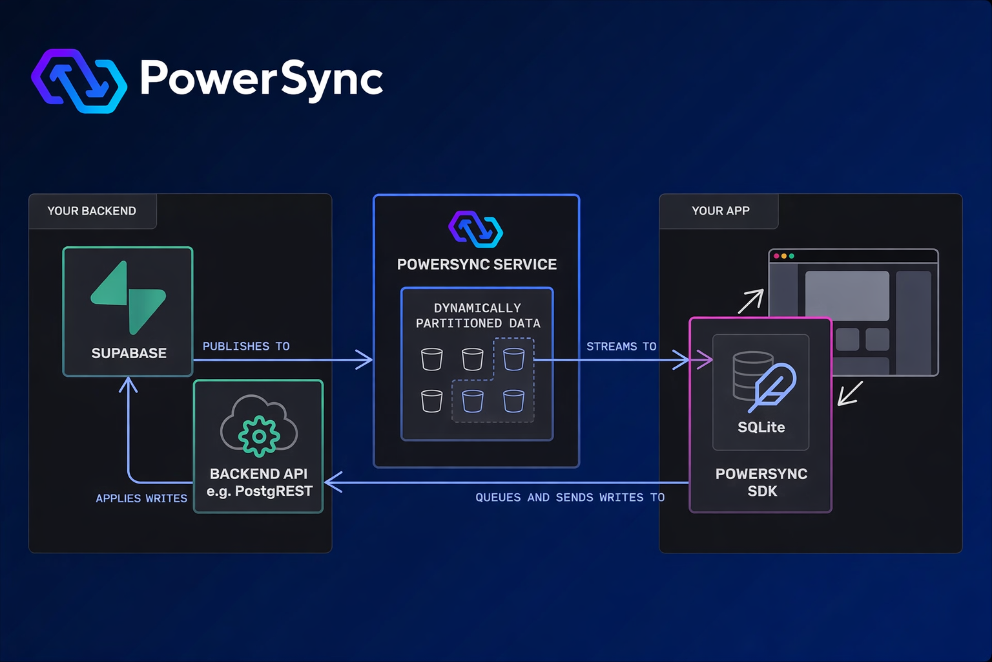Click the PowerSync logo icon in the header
pyautogui.click(x=79, y=81)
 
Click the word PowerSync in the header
pyautogui.click(x=261, y=79)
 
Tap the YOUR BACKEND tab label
pyautogui.click(x=92, y=211)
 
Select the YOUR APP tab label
pyautogui.click(x=720, y=211)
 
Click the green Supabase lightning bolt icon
pyautogui.click(x=129, y=297)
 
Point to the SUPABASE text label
pyautogui.click(x=129, y=353)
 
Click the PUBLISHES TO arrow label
pyautogui.click(x=246, y=347)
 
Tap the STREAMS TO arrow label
pyautogui.click(x=621, y=347)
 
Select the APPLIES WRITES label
pyautogui.click(x=141, y=498)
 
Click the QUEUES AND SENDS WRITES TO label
pyautogui.click(x=570, y=497)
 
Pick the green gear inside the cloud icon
pyautogui.click(x=259, y=436)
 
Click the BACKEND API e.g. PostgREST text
pyautogui.click(x=259, y=482)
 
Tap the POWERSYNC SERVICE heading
pyautogui.click(x=477, y=264)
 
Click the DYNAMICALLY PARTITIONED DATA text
pyautogui.click(x=478, y=315)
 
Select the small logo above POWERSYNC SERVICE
pyautogui.click(x=476, y=230)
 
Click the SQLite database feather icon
pyautogui.click(x=764, y=381)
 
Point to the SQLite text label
pyautogui.click(x=761, y=427)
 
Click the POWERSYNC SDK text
pyautogui.click(x=761, y=482)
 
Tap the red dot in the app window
pyautogui.click(x=776, y=256)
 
